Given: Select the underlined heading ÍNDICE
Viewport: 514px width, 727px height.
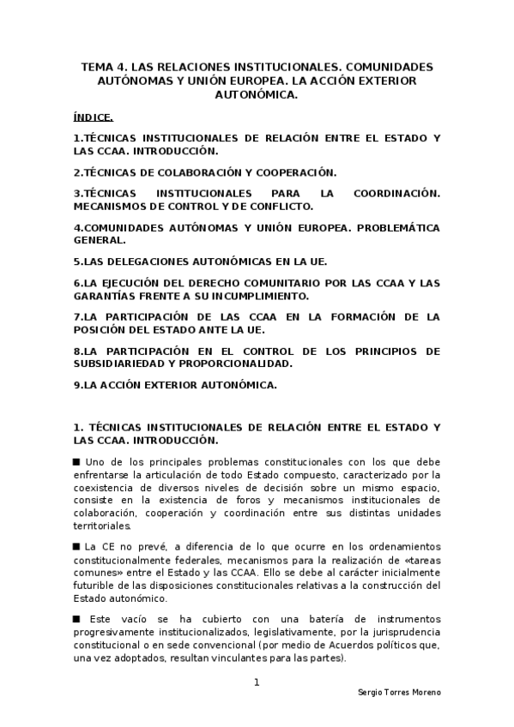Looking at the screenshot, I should pyautogui.click(x=93, y=117).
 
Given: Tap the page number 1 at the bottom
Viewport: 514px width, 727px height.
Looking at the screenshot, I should pyautogui.click(x=257, y=682).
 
